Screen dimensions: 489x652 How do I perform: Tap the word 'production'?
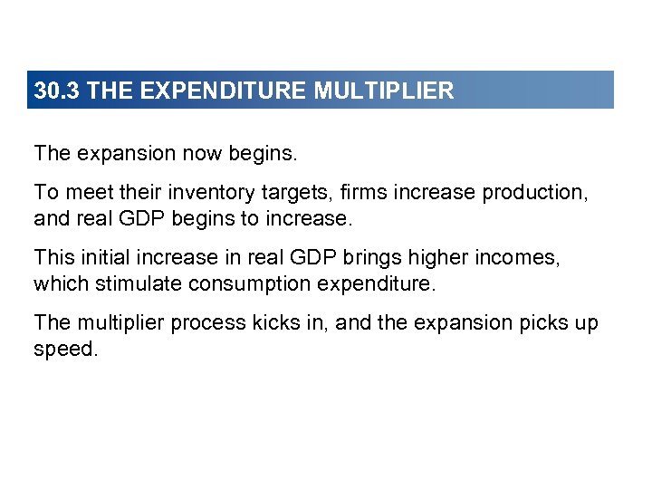coord(531,193)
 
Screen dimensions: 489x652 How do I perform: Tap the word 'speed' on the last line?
coord(62,349)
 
